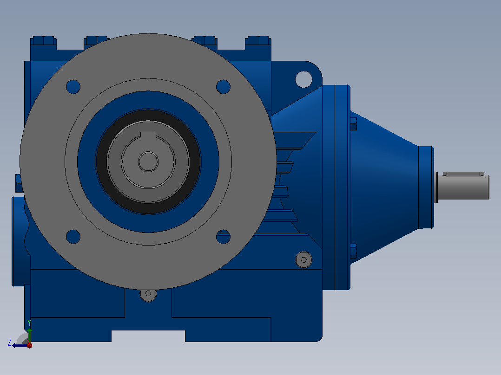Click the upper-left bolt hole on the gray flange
click(73, 87)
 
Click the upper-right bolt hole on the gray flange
click(224, 87)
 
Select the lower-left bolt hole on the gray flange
click(73, 237)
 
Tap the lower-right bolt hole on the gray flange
click(224, 237)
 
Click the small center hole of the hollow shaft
click(148, 162)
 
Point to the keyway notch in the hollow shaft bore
click(148, 135)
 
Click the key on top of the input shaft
click(463, 174)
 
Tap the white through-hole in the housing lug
click(304, 79)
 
